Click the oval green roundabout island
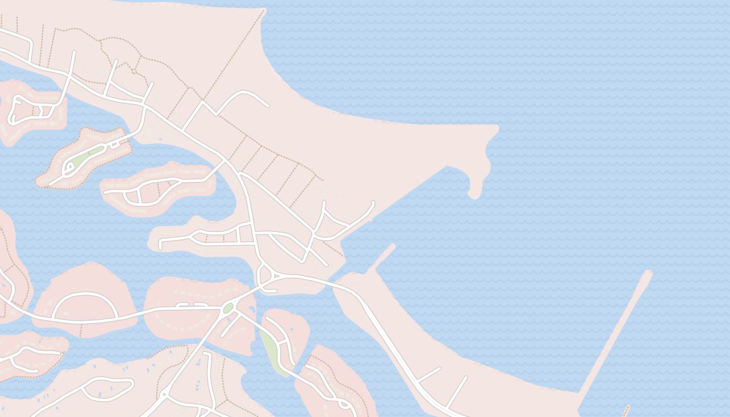pos(227,308)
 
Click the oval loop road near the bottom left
pos(108,389)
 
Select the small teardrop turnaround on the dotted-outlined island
pos(68,168)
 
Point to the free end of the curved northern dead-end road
pos(267,106)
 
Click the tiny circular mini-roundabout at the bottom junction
pos(164,395)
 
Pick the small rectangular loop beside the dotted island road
pos(114,144)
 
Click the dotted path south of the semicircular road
pos(81,329)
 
